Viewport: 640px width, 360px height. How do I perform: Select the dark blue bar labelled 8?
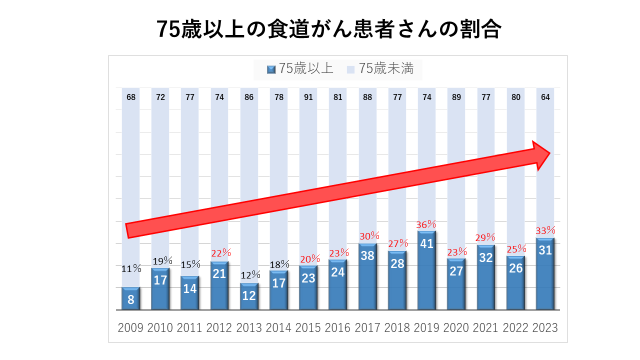point(130,299)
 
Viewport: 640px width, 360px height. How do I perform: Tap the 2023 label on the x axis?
point(545,328)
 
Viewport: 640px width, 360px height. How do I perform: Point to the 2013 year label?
point(249,328)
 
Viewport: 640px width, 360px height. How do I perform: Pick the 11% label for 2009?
point(131,269)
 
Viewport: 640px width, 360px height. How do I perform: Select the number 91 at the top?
point(308,97)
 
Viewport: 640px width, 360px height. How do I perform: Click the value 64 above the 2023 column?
point(545,97)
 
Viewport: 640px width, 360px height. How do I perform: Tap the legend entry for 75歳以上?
point(300,69)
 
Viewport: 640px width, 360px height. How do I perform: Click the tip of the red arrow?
point(550,153)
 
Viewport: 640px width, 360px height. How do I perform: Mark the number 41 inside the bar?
point(426,244)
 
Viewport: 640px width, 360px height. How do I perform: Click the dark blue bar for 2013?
point(249,296)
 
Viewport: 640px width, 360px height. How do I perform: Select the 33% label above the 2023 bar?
point(545,230)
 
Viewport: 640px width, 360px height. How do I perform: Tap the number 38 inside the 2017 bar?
point(367,256)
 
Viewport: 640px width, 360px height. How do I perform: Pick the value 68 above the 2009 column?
point(131,97)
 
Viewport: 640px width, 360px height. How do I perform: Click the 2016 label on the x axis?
point(337,328)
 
